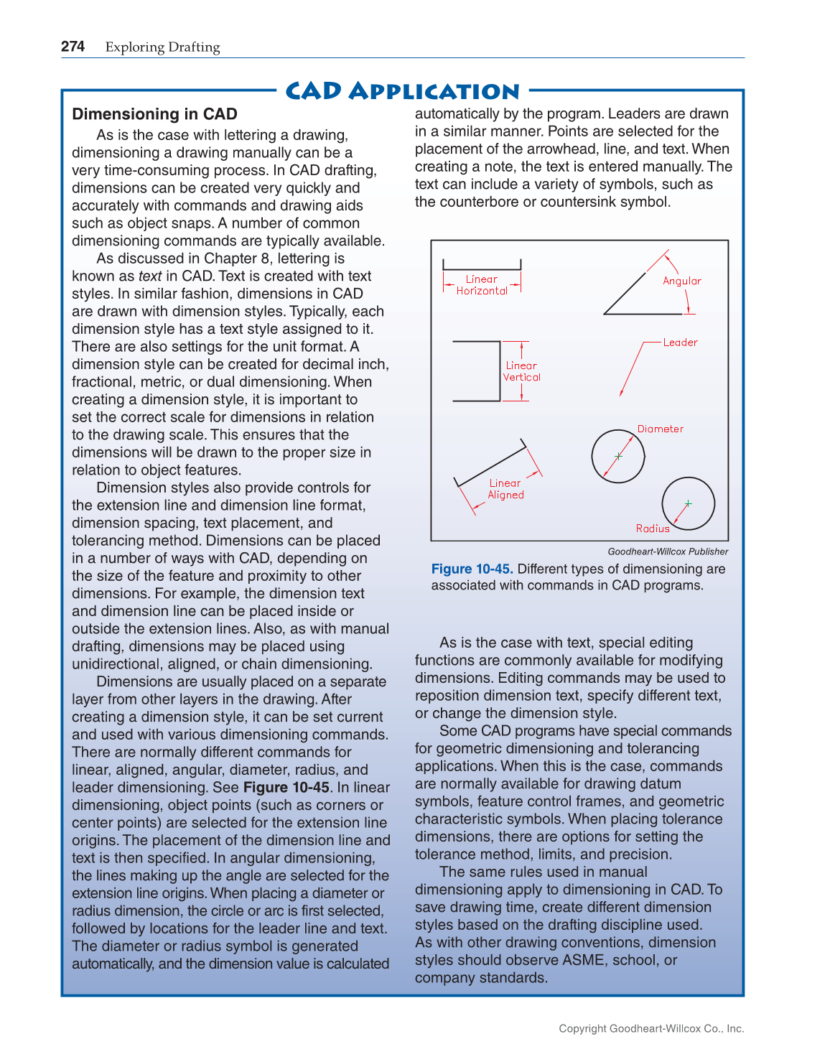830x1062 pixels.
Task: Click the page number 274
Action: [x=73, y=47]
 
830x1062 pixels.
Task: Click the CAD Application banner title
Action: [x=402, y=91]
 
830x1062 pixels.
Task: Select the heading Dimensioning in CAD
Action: [x=154, y=114]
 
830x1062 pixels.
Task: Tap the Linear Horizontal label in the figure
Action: [x=482, y=285]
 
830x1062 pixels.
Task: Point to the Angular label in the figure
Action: [x=681, y=281]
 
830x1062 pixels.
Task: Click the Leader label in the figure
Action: [x=680, y=343]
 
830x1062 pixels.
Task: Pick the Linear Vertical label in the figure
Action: [x=521, y=371]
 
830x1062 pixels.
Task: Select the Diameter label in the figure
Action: [x=660, y=429]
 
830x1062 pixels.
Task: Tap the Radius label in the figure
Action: [x=653, y=528]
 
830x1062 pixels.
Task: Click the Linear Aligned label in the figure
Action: [x=505, y=489]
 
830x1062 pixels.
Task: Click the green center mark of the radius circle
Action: [x=688, y=503]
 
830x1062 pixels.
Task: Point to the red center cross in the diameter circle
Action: [x=618, y=456]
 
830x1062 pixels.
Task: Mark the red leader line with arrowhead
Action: [x=631, y=369]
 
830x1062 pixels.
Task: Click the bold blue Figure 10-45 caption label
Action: [x=472, y=569]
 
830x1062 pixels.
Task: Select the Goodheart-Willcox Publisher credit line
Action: [x=668, y=551]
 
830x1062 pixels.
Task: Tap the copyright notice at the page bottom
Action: [x=651, y=1028]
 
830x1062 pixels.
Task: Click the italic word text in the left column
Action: [x=150, y=276]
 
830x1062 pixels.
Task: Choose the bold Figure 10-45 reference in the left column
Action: [x=286, y=787]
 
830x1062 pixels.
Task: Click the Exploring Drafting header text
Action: [x=162, y=47]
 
